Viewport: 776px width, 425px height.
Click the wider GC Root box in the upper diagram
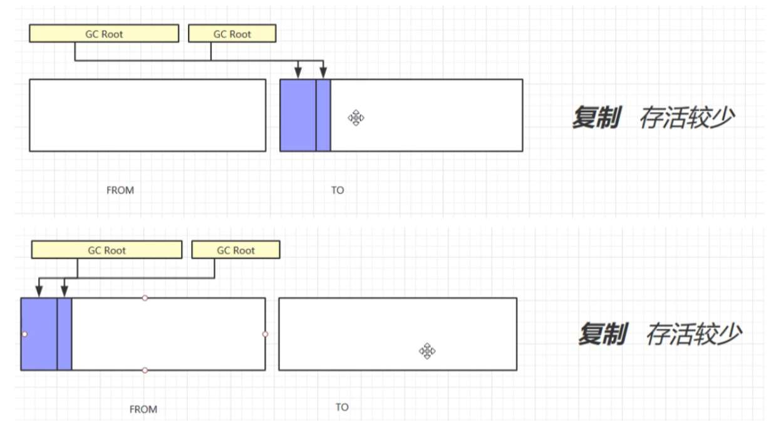104,34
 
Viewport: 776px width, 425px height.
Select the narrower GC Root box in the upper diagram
232,34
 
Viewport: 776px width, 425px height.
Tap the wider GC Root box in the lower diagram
106,250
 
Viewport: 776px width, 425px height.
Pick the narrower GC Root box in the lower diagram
235,250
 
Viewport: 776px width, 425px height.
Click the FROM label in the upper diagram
120,190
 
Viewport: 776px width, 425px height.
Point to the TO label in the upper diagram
338,190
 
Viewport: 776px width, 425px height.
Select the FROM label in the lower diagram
143,409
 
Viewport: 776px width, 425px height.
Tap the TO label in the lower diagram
341,407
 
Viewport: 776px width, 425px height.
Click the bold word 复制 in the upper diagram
596,118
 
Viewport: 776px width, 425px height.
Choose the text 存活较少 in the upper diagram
686,118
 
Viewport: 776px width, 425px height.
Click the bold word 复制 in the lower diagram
602,334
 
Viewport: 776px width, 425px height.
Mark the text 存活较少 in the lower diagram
693,334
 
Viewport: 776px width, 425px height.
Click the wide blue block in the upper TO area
297,115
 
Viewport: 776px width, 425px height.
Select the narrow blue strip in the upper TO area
323,115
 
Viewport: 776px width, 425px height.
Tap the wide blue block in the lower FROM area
39,334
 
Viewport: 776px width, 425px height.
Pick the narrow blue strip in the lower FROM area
65,334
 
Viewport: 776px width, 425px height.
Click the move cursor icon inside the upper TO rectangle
356,118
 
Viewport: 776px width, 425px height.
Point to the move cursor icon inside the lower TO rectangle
427,351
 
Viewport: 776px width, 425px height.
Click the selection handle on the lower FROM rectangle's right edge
266,334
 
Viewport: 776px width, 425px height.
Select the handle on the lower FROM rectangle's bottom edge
145,371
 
